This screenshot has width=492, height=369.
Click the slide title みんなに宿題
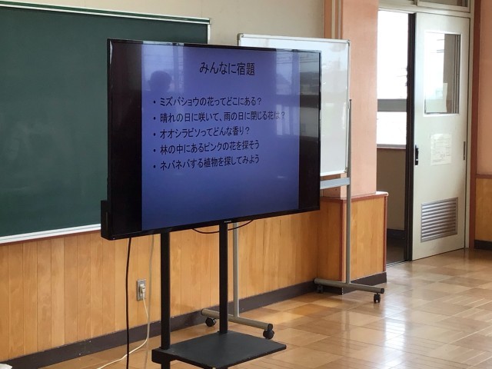coord(228,68)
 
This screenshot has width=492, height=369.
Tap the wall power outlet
coord(141,289)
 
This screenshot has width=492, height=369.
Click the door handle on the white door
coord(417,155)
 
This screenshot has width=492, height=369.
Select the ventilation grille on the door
coord(439,219)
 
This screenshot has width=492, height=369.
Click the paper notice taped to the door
coord(440,148)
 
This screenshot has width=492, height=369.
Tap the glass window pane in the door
coord(442,73)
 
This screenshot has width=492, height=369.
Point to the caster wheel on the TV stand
coord(268,333)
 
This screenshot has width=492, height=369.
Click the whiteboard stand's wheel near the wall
coord(377,298)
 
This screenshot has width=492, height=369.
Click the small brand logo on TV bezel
coord(228,221)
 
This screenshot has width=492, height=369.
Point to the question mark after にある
coord(259,101)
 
